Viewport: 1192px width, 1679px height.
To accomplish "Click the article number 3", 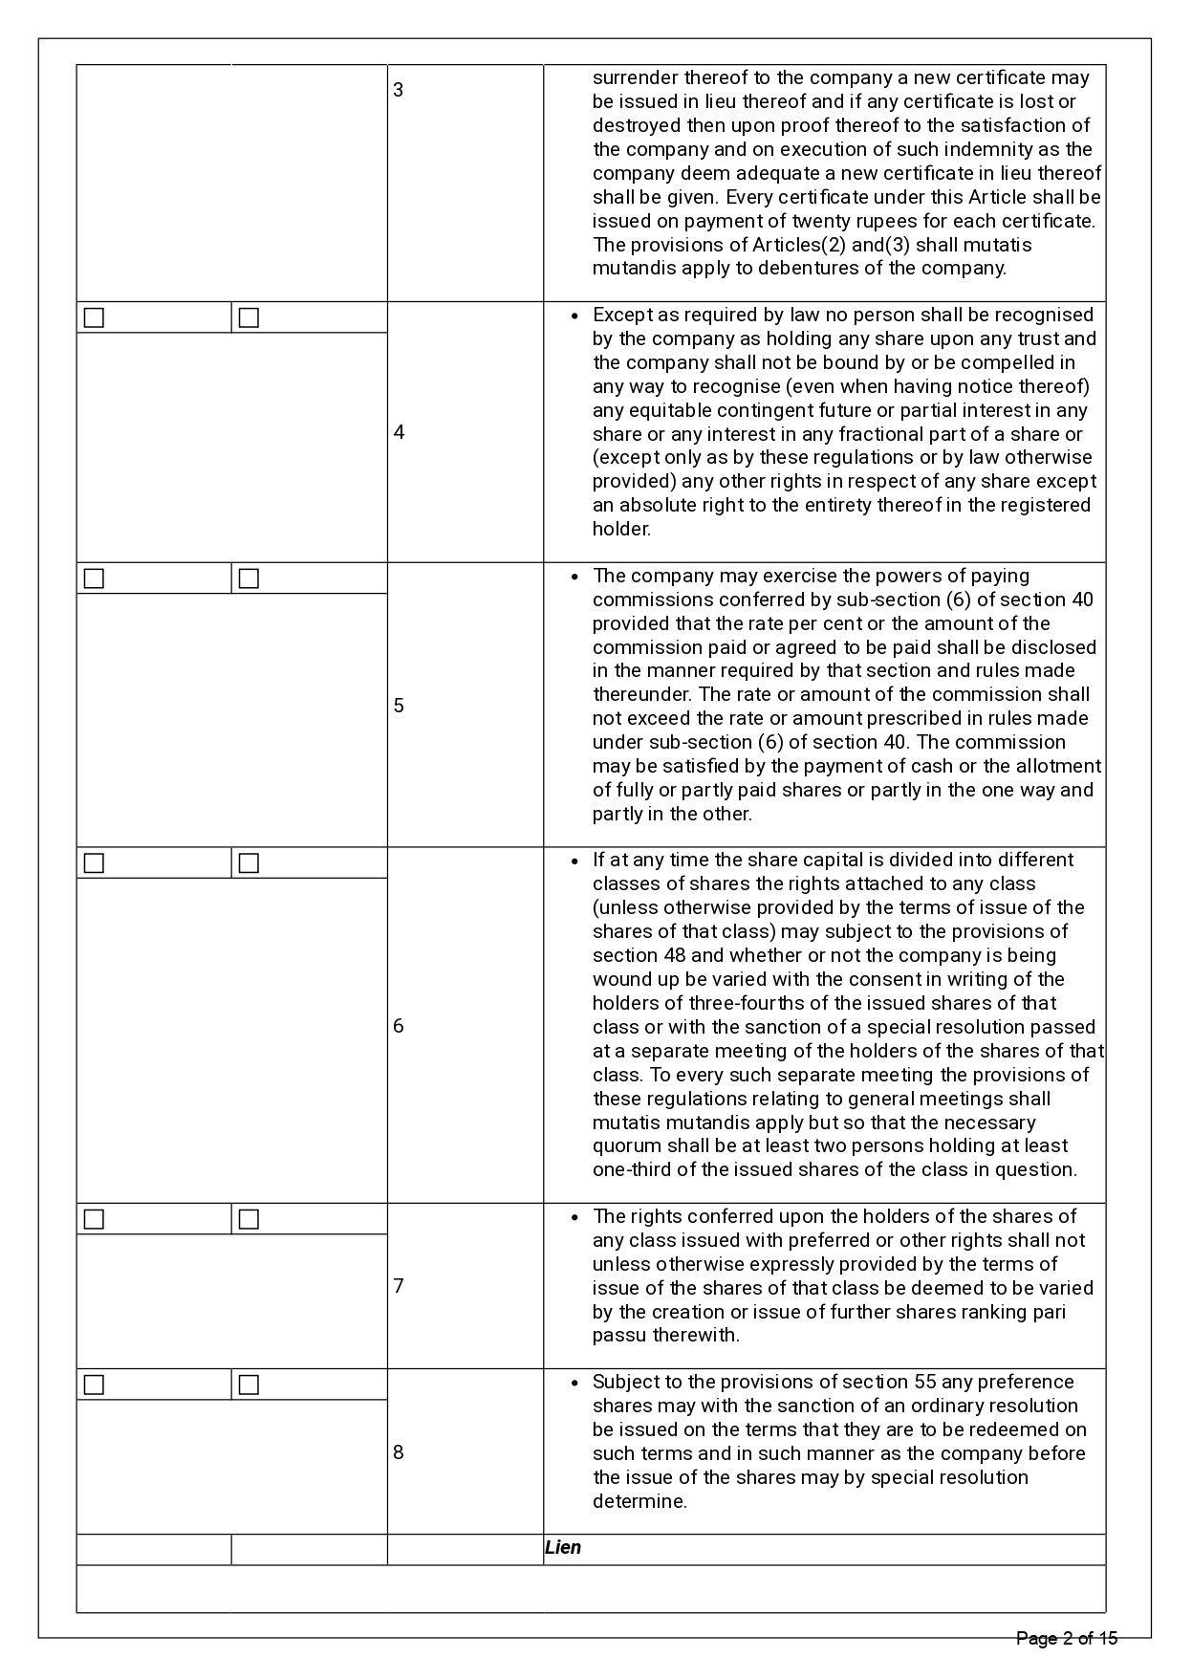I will pos(399,91).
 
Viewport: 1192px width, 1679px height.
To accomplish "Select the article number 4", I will pos(399,432).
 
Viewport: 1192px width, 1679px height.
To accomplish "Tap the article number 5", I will pos(399,706).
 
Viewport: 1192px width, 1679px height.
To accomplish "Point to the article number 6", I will pos(399,1026).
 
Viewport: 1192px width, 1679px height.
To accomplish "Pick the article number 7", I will pos(399,1286).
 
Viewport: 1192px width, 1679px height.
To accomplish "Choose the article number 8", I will pos(399,1452).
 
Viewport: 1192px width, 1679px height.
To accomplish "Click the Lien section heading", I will pos(563,1548).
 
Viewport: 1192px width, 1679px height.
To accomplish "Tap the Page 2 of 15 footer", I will pos(1067,1639).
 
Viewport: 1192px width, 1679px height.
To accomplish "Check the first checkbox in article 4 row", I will pos(94,317).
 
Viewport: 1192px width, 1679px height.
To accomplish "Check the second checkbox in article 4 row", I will pos(249,317).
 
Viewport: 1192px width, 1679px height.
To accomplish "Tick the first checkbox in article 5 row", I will pos(94,578).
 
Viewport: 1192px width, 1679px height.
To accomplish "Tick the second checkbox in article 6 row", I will pos(249,863).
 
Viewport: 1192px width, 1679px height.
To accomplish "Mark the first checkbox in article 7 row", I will pos(94,1220).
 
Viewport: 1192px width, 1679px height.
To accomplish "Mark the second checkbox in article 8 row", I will pos(249,1385).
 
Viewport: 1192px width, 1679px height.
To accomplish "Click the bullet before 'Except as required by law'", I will pos(574,316).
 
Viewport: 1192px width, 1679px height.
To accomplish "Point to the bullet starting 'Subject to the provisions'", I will pos(574,1384).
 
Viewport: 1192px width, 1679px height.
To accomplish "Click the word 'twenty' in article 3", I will pos(791,221).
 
